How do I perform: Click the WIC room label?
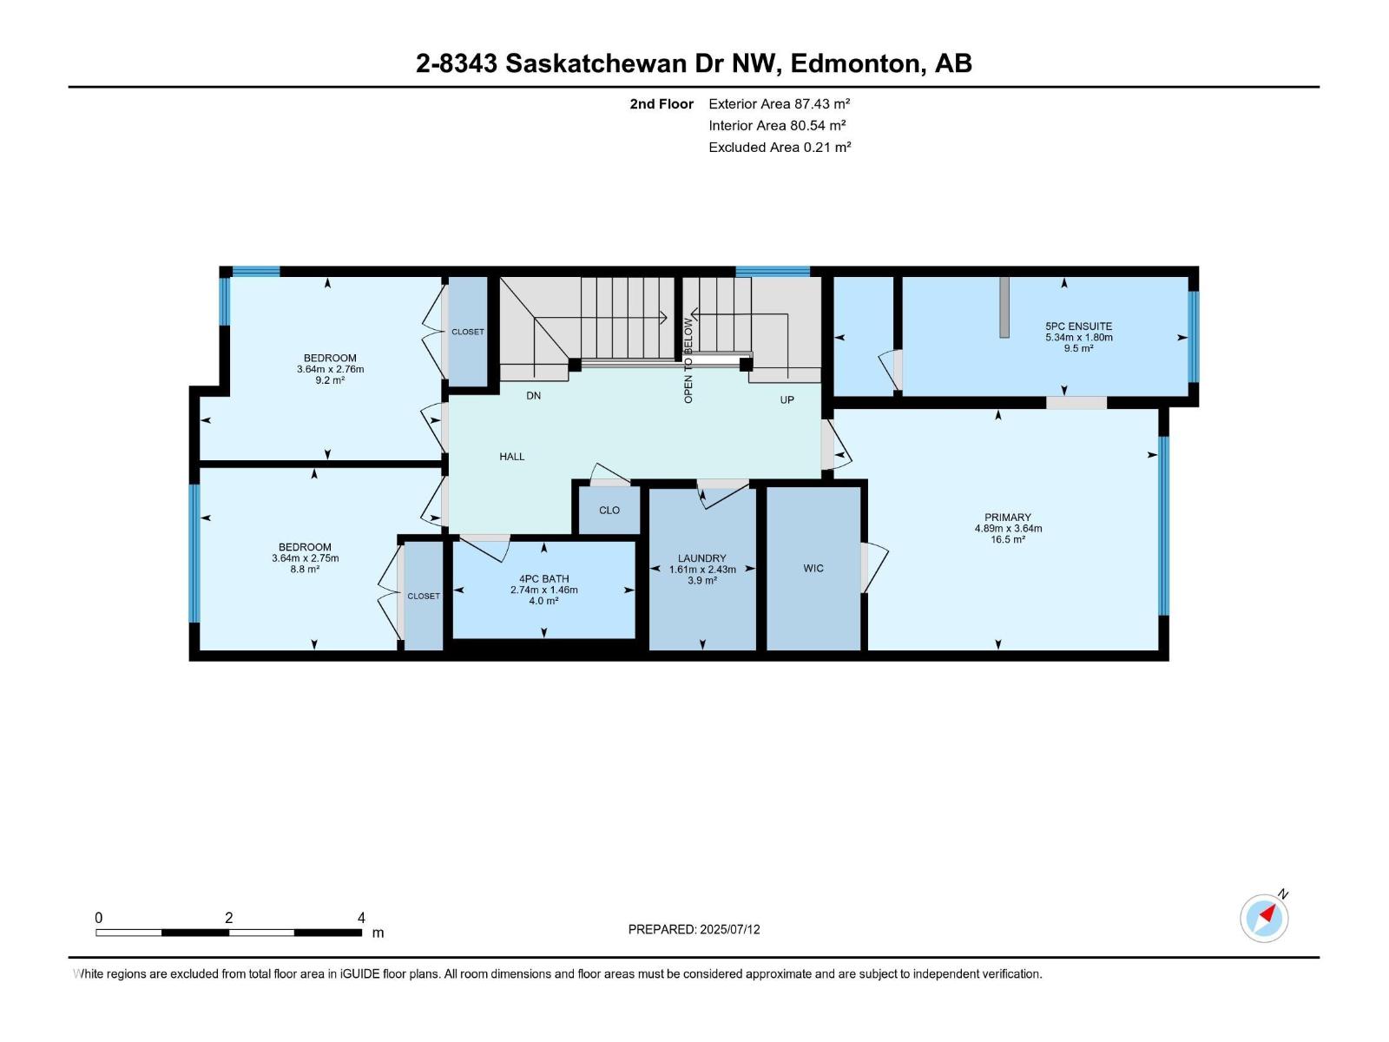(813, 569)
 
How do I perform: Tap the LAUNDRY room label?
(702, 558)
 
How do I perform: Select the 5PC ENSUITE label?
(1078, 326)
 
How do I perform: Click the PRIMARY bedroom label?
(1008, 518)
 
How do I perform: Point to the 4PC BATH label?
(544, 579)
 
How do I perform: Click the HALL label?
(512, 457)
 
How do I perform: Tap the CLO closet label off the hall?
(609, 511)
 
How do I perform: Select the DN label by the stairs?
(534, 396)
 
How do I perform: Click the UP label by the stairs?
(787, 400)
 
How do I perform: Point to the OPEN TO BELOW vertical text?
(688, 360)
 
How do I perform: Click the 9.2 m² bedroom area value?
(330, 380)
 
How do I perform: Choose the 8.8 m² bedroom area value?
(305, 570)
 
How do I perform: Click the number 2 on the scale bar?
(229, 918)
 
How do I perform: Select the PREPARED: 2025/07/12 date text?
(694, 929)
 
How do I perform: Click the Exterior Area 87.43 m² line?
(779, 103)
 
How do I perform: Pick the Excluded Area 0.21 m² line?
(779, 148)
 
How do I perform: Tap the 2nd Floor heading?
(662, 104)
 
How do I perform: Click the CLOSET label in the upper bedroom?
(468, 332)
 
